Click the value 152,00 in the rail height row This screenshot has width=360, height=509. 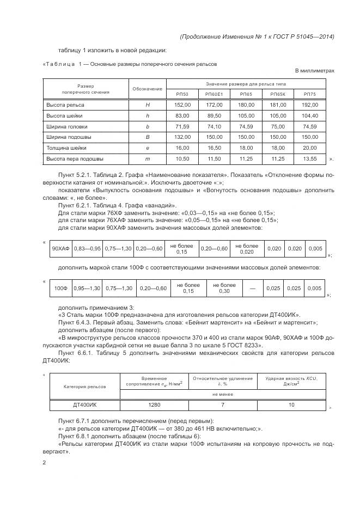click(182, 105)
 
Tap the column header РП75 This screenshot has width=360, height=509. click(309, 94)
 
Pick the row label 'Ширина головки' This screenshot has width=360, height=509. click(64, 126)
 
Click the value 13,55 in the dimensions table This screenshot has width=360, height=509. click(309, 159)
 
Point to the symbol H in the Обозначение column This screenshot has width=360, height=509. click(147, 105)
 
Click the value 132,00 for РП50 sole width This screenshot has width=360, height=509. click(182, 137)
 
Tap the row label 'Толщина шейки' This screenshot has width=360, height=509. click(66, 148)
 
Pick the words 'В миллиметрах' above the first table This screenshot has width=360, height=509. click(314, 71)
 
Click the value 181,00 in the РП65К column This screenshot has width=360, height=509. click(278, 105)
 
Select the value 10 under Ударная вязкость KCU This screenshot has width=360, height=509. click(291, 405)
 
